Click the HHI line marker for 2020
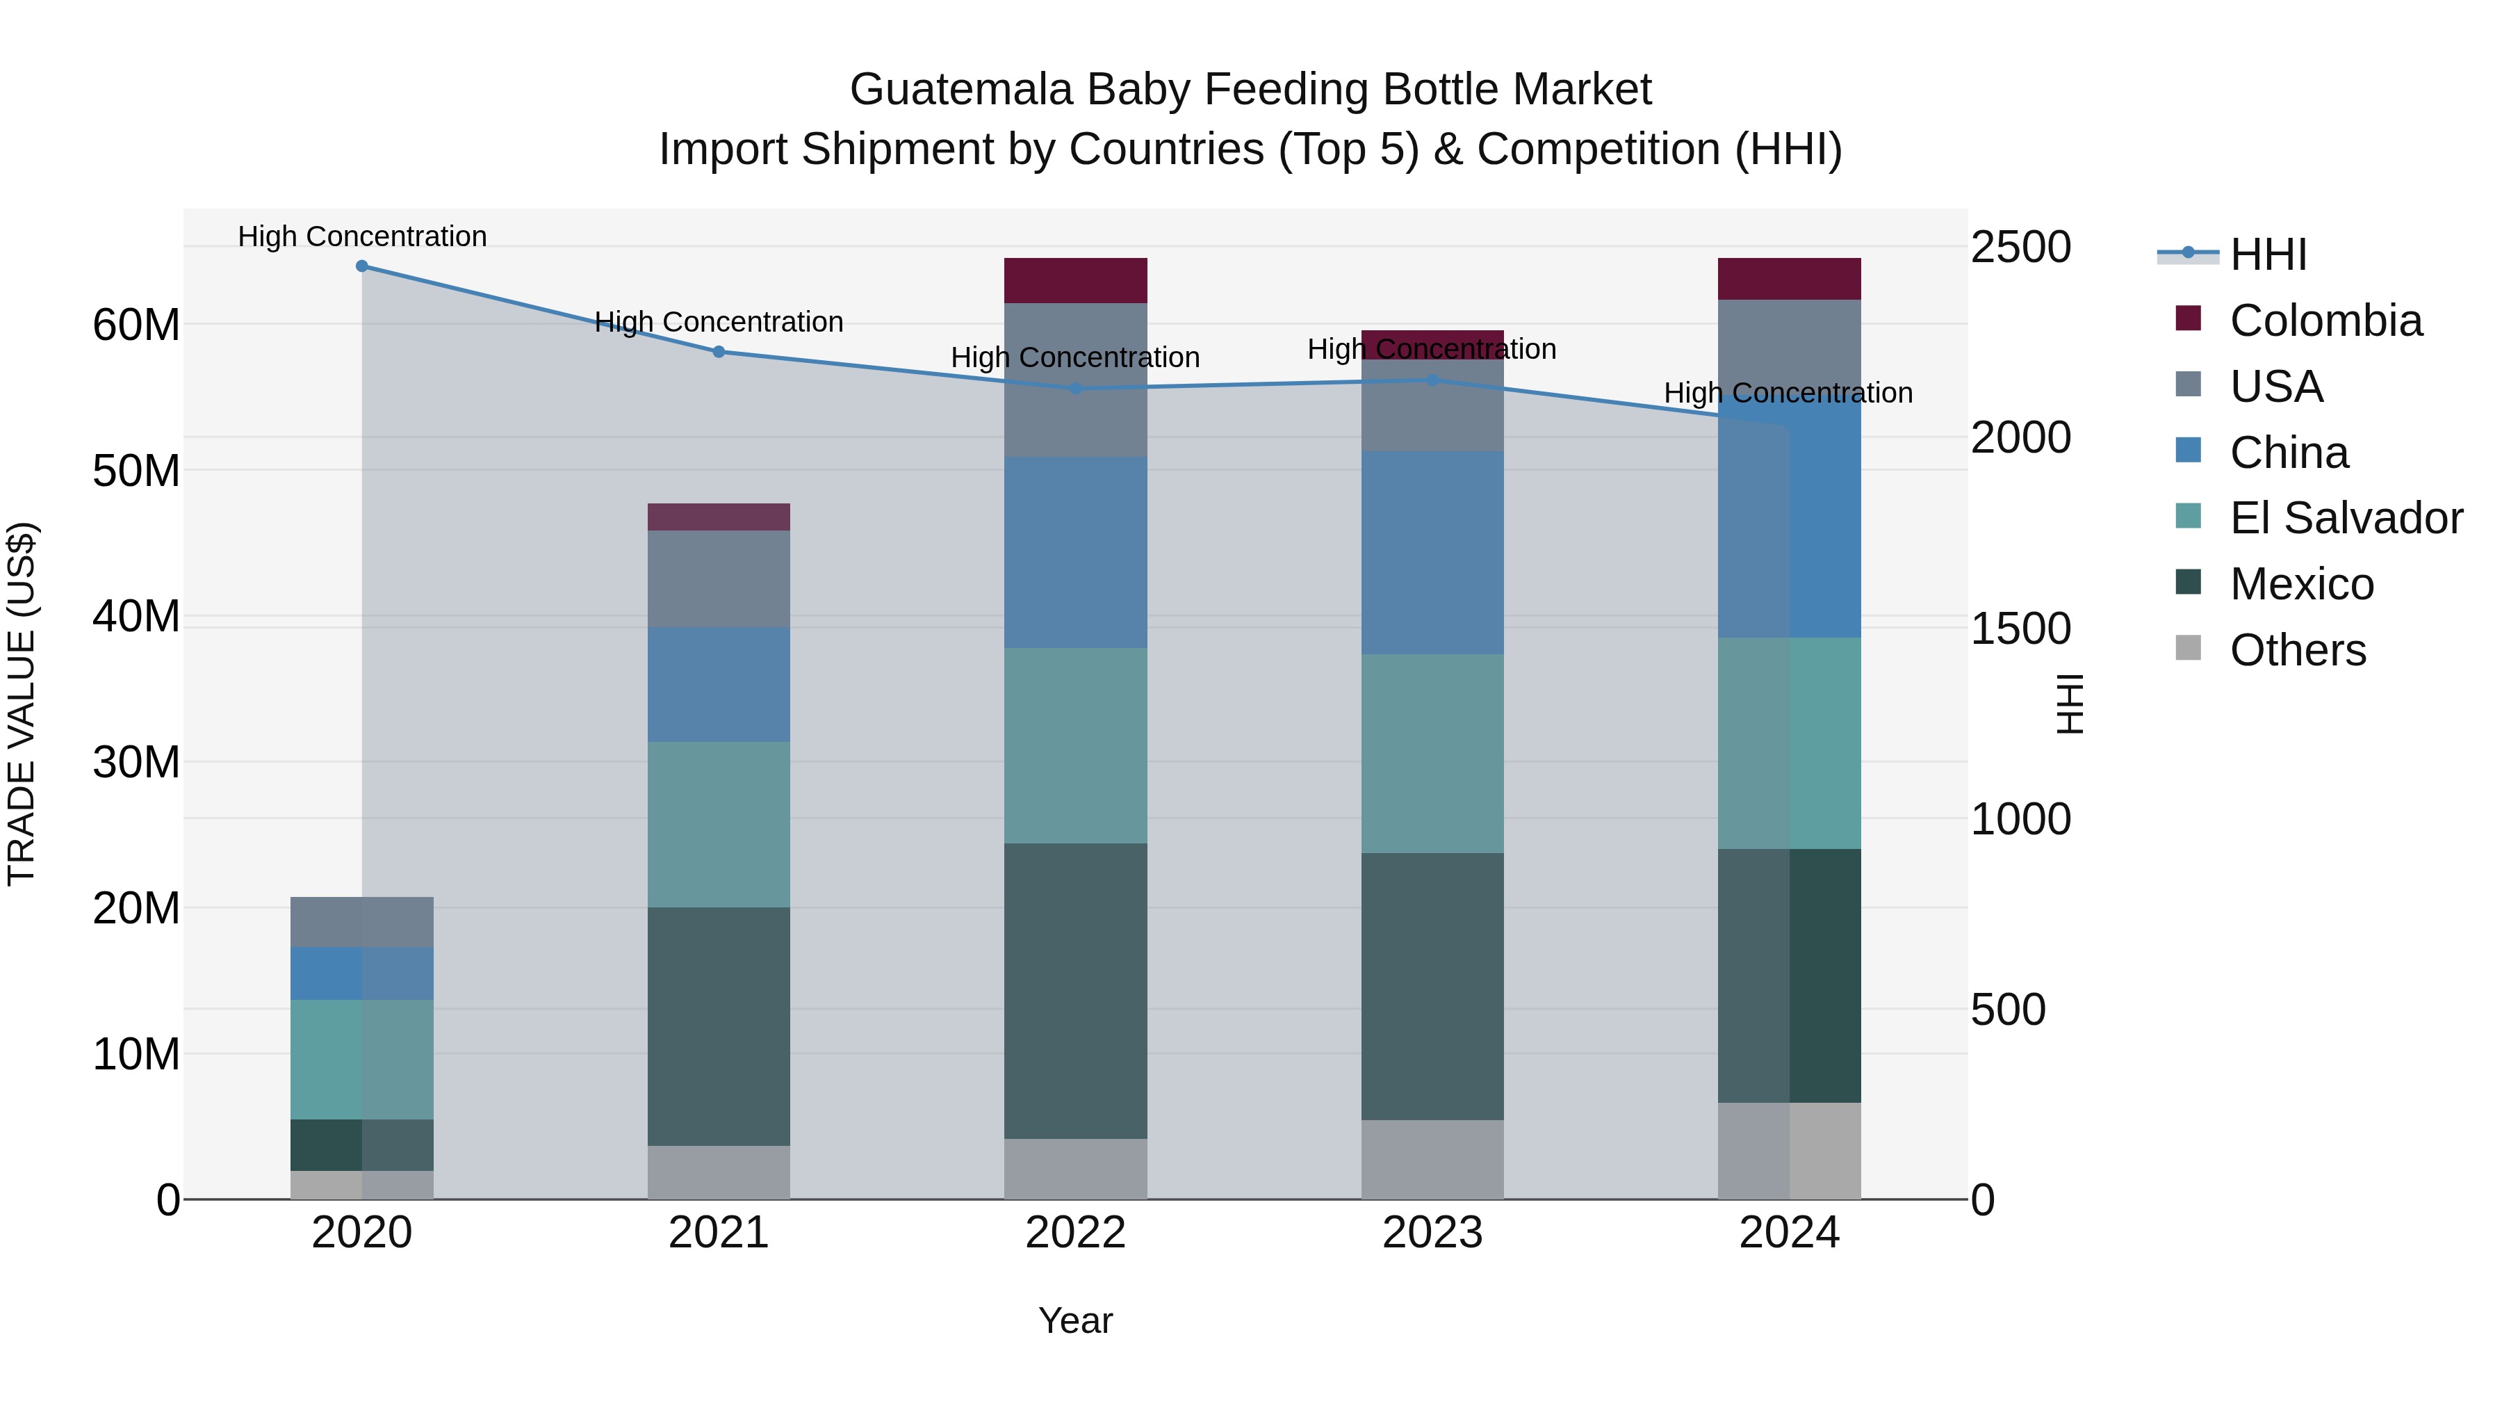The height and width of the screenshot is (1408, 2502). [361, 266]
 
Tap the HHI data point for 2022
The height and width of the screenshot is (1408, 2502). [1075, 389]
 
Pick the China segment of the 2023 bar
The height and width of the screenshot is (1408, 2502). [1432, 552]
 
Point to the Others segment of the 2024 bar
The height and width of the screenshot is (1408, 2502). [1789, 1151]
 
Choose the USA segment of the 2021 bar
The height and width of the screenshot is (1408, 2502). [719, 578]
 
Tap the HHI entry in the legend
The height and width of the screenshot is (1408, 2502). [2267, 254]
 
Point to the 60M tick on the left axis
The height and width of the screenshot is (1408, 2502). [136, 325]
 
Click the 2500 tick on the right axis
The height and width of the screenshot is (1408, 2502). [2020, 247]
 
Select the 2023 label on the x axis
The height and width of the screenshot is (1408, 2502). [1432, 1233]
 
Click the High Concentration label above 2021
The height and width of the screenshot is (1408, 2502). [719, 322]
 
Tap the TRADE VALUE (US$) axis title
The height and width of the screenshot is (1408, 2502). [22, 704]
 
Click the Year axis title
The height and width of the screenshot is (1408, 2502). [1075, 1320]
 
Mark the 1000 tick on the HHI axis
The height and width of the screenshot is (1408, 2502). [2020, 819]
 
